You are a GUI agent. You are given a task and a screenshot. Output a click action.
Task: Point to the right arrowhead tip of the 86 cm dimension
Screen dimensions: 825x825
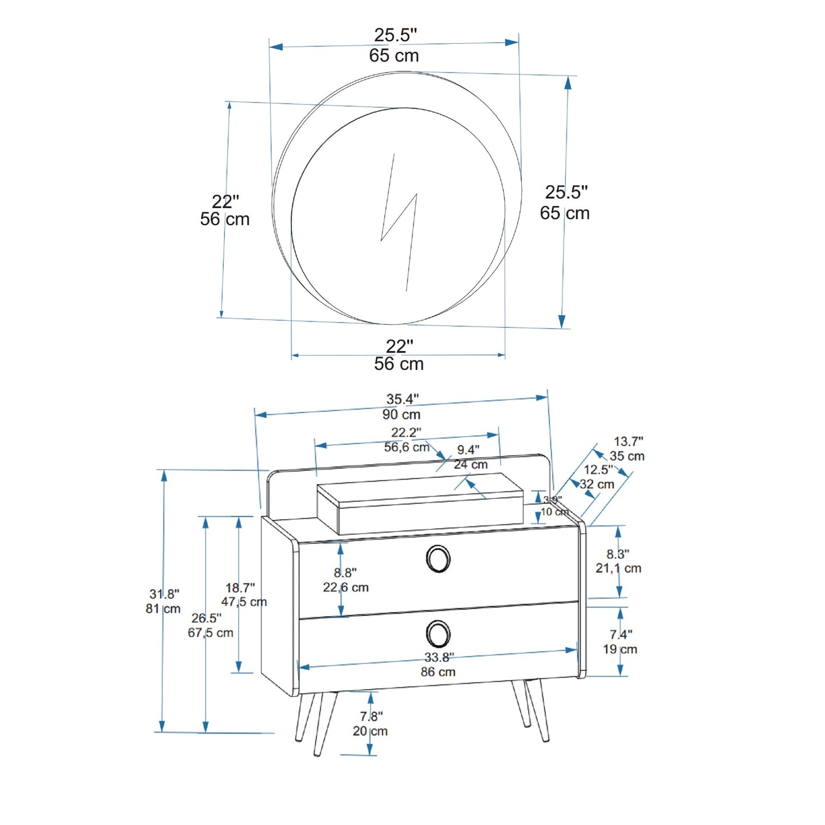pyautogui.click(x=578, y=650)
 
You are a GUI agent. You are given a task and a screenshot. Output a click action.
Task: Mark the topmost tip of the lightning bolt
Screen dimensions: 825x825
pyautogui.click(x=393, y=154)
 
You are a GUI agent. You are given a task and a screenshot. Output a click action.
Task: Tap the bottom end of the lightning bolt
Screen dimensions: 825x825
pyautogui.click(x=406, y=291)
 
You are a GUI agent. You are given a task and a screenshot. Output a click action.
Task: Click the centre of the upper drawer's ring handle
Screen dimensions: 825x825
pyautogui.click(x=438, y=559)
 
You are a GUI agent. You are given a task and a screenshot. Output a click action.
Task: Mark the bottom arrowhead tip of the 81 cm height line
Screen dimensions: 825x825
pyautogui.click(x=162, y=732)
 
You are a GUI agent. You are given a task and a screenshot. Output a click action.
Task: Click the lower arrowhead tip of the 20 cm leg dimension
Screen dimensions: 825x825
pyautogui.click(x=370, y=755)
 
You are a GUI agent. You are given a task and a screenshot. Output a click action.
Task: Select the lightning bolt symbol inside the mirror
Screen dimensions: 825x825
pyautogui.click(x=399, y=223)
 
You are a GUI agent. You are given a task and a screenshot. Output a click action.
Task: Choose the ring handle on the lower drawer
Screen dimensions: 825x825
pyautogui.click(x=438, y=634)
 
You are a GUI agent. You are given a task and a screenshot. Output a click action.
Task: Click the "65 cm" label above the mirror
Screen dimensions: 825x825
pyautogui.click(x=394, y=55)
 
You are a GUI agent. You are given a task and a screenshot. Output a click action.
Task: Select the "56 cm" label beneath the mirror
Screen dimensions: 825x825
pyautogui.click(x=399, y=364)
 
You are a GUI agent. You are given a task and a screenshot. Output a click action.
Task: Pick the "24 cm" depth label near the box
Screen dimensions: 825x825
pyautogui.click(x=470, y=464)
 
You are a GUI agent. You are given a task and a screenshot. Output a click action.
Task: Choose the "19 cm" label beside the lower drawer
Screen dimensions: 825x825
pyautogui.click(x=620, y=649)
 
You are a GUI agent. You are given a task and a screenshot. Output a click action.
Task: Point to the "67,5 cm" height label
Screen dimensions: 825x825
pyautogui.click(x=210, y=633)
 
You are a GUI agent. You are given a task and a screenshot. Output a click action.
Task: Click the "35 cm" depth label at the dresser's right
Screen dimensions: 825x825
pyautogui.click(x=627, y=456)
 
